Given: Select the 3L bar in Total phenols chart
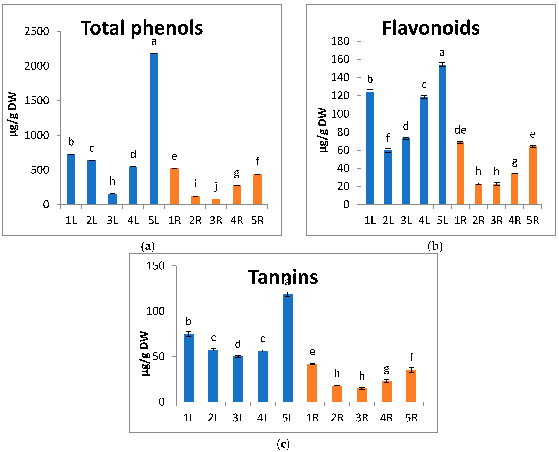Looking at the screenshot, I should click(112, 199).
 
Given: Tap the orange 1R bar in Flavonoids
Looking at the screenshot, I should click(460, 173).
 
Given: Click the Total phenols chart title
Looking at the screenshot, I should click(142, 28).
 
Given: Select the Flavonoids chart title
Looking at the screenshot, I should click(431, 28).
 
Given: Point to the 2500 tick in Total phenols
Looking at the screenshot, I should click(37, 31).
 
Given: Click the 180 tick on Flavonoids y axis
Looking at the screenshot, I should click(340, 41).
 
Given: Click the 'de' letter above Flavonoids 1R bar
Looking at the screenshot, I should click(460, 130).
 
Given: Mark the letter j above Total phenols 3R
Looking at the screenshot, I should click(216, 187).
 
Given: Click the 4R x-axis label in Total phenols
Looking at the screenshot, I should click(236, 221).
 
